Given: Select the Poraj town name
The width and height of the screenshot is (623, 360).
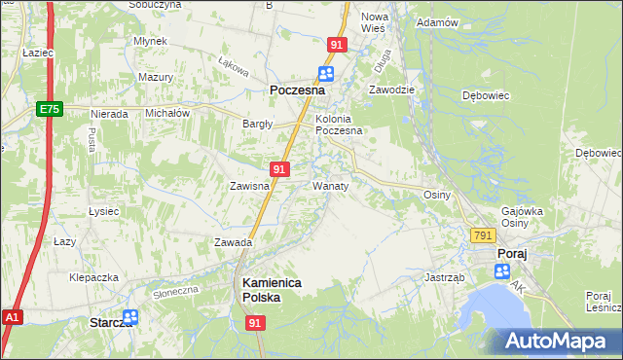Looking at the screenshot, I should [512, 254].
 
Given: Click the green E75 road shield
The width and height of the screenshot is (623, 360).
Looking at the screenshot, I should [51, 110].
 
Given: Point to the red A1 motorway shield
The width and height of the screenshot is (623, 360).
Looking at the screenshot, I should [12, 317].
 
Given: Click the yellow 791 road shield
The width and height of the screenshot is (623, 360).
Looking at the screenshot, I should [483, 236].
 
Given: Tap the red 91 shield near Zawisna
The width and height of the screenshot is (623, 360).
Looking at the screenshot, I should [279, 169].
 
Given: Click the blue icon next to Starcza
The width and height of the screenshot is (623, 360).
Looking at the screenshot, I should [130, 317].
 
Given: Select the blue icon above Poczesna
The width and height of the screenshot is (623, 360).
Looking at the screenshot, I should [326, 74].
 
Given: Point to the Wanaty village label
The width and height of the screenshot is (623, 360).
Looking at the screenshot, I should [330, 184].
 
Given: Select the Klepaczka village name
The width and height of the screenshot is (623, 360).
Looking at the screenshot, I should [93, 277].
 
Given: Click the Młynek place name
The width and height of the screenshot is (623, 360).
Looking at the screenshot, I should [152, 41].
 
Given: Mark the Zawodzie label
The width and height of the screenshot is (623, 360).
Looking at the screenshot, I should [391, 89].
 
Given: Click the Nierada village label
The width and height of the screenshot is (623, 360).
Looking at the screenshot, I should [109, 114].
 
